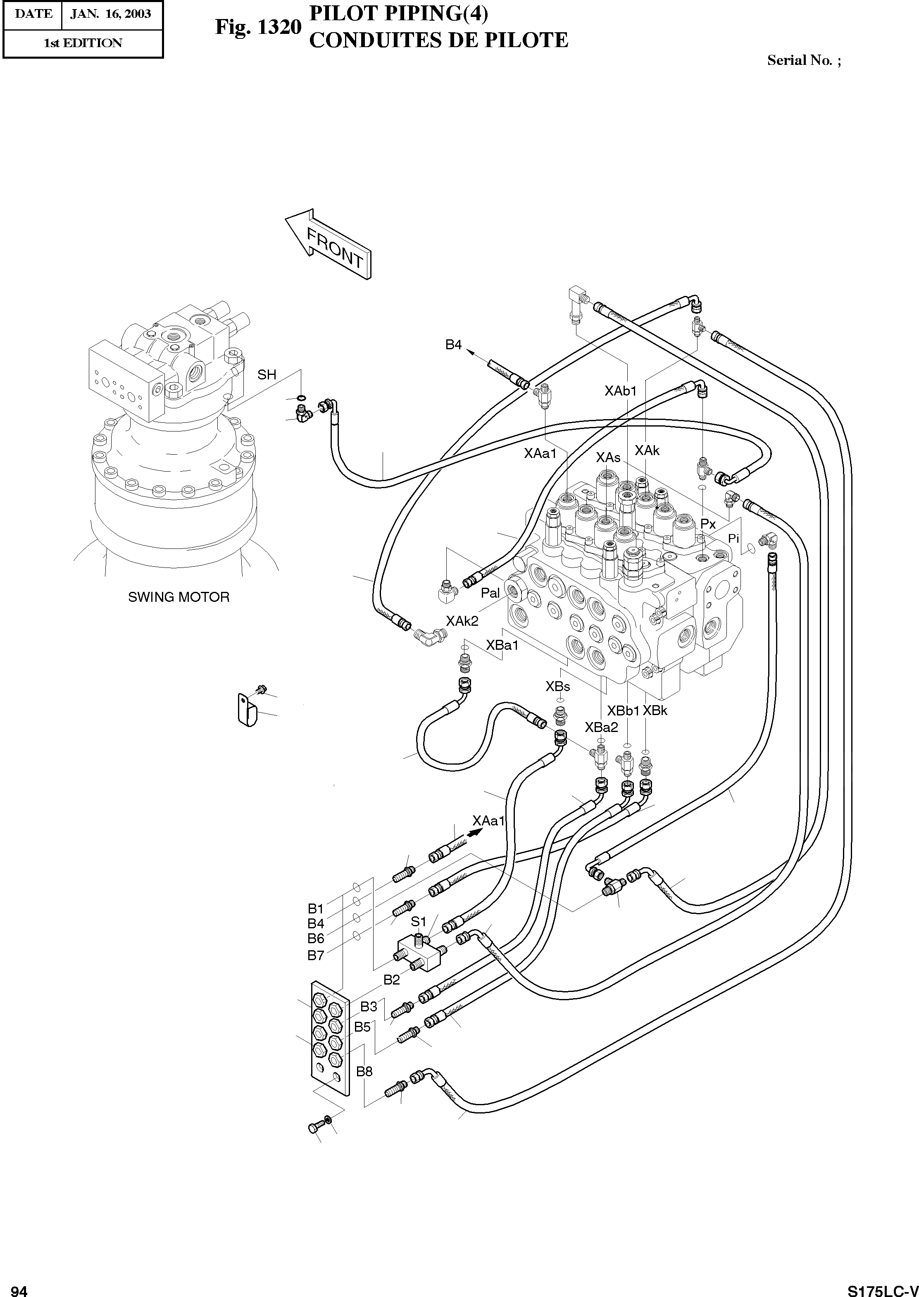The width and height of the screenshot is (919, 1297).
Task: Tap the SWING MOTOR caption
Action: point(179,597)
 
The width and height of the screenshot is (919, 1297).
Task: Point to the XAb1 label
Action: point(621,391)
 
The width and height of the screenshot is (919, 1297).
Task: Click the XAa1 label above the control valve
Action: point(540,453)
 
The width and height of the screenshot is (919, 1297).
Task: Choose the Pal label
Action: point(490,593)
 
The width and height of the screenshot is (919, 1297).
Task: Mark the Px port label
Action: point(708,524)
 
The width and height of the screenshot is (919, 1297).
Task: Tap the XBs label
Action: point(557,687)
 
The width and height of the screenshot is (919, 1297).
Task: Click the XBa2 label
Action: point(602,727)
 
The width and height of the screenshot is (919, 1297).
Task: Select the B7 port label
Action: point(316,956)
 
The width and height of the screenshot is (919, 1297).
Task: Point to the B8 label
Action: point(364,1071)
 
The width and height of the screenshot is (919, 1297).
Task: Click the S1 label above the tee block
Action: point(418,922)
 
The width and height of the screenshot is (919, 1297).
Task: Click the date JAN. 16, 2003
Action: point(111,14)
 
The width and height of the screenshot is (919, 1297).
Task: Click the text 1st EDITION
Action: point(83,43)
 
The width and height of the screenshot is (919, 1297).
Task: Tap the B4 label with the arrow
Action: point(453,345)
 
